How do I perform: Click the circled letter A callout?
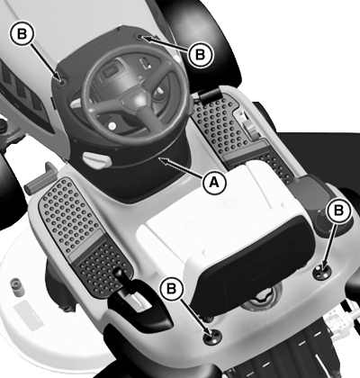(213, 182)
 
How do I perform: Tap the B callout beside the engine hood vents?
(22, 33)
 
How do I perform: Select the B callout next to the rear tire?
(200, 54)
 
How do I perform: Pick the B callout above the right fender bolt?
(338, 211)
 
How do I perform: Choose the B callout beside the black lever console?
(172, 289)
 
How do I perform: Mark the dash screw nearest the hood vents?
(62, 82)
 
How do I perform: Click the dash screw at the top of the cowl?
(139, 37)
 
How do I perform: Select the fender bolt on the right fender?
(322, 272)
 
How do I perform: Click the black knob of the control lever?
(119, 274)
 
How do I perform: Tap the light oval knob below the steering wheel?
(97, 160)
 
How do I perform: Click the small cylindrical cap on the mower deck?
(17, 286)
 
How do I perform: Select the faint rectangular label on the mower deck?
(29, 316)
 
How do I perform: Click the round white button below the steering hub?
(112, 124)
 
